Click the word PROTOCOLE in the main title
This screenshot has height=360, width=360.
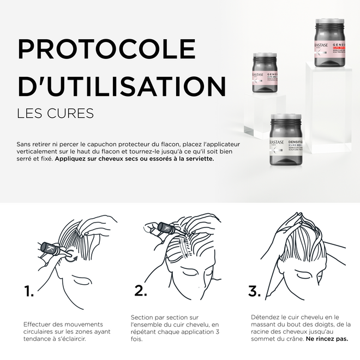click(106, 49)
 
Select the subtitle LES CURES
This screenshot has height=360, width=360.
click(55, 113)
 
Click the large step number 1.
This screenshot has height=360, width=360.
click(29, 291)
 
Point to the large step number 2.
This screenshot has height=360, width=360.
click(141, 291)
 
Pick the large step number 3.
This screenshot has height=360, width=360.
click(254, 291)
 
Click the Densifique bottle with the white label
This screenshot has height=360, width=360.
click(285, 145)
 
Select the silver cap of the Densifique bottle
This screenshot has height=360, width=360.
click(285, 118)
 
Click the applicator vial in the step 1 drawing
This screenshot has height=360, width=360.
click(51, 248)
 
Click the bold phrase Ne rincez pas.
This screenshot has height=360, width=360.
click(327, 339)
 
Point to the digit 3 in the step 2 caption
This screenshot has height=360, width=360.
click(218, 332)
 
